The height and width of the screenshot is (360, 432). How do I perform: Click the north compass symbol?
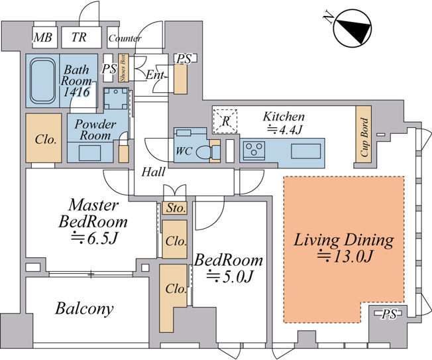(352, 29)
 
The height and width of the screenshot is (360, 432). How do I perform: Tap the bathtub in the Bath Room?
(42, 80)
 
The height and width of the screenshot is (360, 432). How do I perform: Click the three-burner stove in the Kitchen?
(254, 150)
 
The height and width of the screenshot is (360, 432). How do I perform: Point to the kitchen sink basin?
(306, 151)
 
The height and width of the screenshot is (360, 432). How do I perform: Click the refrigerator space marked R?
(225, 121)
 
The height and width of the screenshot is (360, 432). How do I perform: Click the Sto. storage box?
(175, 208)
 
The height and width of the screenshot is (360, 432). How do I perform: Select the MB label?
(42, 37)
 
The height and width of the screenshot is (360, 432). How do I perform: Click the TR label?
(79, 37)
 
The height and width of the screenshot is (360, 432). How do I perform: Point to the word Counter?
(125, 38)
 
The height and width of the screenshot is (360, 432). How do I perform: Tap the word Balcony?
(84, 308)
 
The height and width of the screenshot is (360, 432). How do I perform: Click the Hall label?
(153, 172)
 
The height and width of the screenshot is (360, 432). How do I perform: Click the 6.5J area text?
(95, 239)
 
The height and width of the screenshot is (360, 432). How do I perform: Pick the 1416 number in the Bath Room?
(76, 91)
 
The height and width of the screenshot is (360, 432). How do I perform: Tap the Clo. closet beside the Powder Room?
(44, 138)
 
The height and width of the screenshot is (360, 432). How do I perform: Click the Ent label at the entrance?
(155, 75)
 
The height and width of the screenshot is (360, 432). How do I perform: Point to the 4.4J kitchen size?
(284, 130)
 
